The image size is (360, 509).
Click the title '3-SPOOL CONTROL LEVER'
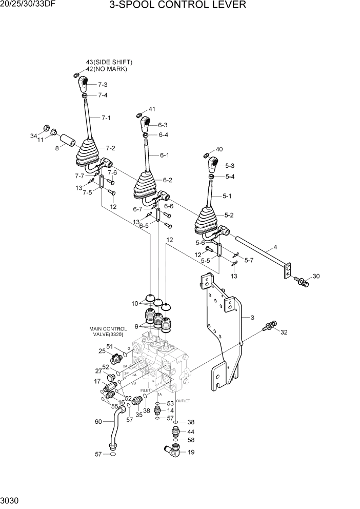[177, 6]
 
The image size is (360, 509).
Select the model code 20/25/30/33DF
[28, 5]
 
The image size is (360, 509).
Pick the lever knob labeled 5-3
[213, 165]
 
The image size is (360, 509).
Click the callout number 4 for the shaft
[275, 247]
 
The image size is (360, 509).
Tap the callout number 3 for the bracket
[252, 318]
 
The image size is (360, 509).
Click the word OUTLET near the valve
[183, 401]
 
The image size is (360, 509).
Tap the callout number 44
[191, 432]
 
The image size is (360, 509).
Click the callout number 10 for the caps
[135, 304]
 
